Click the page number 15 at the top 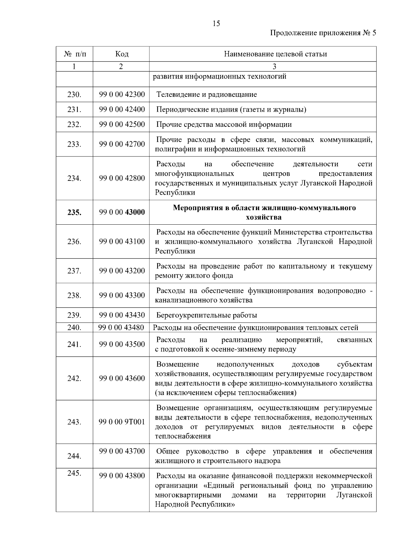tap(217, 23)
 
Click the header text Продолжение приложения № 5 tap(323, 33)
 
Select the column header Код tap(122, 54)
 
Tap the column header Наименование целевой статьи tap(275, 54)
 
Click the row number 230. tap(74, 95)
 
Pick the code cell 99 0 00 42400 tap(122, 110)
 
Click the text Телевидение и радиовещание tap(206, 95)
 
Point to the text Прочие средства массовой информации tap(224, 125)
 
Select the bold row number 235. tap(74, 212)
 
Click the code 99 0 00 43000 tap(122, 212)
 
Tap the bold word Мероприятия tap(196, 208)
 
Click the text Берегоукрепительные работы tap(206, 315)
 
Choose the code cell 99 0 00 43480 tap(121, 327)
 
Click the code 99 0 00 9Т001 tap(122, 422)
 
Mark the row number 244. tap(74, 456)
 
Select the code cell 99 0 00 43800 tap(122, 476)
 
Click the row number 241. tap(74, 345)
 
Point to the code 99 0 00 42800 tap(122, 178)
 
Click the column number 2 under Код tap(121, 67)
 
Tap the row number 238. tap(74, 295)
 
